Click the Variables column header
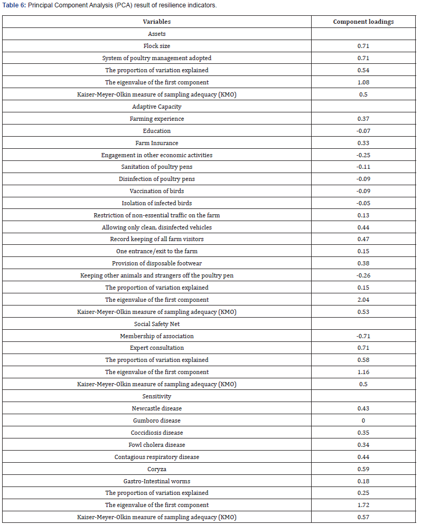pos(157,22)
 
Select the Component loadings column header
pos(363,22)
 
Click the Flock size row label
pos(157,46)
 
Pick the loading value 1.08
pos(363,82)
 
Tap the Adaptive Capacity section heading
pos(157,107)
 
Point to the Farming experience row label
pos(157,119)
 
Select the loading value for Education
pos(363,131)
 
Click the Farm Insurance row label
pos(157,143)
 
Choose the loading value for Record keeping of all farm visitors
pos(363,240)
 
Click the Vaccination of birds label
pos(157,191)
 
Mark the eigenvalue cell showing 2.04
pos(363,300)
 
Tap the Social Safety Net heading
pos(157,324)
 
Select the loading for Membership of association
pos(363,336)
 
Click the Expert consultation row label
pos(157,348)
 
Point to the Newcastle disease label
pos(157,408)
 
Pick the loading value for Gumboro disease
pos(363,421)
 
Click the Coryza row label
pos(157,469)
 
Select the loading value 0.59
pos(363,469)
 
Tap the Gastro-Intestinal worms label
pos(157,481)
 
